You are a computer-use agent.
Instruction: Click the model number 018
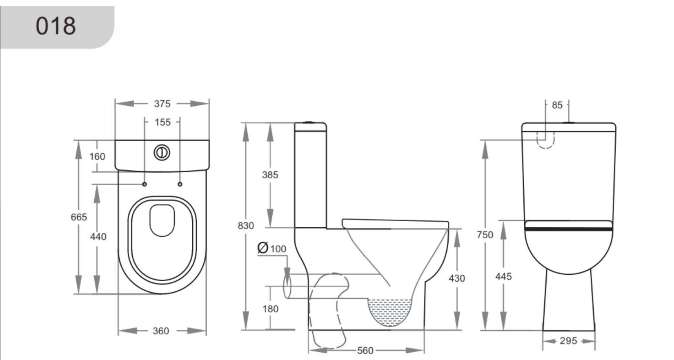click(56, 26)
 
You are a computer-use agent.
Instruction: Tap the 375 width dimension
click(162, 104)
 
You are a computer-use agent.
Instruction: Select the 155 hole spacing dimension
click(162, 122)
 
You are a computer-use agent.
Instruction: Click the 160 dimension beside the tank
click(98, 156)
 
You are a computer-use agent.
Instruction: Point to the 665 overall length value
click(79, 217)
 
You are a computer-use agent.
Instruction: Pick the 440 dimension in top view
click(98, 236)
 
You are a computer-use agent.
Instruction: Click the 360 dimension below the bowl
click(161, 331)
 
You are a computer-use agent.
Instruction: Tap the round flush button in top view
click(162, 152)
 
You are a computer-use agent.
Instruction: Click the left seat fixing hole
click(145, 184)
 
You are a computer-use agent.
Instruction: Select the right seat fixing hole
click(180, 184)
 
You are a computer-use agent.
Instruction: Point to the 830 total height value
click(246, 225)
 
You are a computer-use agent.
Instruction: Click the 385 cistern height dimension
click(270, 175)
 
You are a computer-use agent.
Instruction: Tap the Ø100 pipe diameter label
click(272, 248)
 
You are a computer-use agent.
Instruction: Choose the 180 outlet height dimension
click(270, 309)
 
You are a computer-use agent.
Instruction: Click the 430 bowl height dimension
click(457, 278)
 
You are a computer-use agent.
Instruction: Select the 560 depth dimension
click(365, 351)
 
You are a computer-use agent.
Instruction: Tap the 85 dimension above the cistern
click(557, 105)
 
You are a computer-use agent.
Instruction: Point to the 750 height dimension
click(485, 235)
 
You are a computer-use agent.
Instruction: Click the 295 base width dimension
click(568, 340)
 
